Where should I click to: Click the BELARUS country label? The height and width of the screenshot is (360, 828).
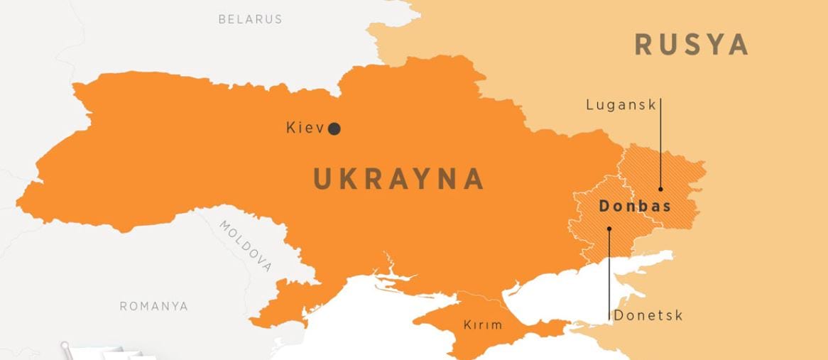[250, 19]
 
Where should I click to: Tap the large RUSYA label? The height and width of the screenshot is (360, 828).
[691, 45]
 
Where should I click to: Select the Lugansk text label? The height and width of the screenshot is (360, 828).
[621, 105]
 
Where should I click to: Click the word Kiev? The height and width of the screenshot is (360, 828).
[305, 129]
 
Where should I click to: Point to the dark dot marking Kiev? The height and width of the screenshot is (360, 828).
[334, 129]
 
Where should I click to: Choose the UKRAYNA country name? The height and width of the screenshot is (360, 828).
[398, 179]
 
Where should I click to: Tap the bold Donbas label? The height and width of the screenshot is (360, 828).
[635, 207]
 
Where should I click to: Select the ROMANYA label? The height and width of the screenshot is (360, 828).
[153, 307]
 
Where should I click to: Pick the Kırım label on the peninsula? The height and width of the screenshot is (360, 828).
[482, 325]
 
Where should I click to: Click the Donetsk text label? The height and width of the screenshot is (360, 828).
[648, 315]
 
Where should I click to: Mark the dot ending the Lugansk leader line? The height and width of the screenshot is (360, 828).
[660, 189]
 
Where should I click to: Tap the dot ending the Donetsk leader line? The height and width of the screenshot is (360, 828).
[609, 229]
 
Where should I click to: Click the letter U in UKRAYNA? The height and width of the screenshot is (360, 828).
[323, 179]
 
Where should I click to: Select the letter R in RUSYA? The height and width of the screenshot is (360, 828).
[645, 45]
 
